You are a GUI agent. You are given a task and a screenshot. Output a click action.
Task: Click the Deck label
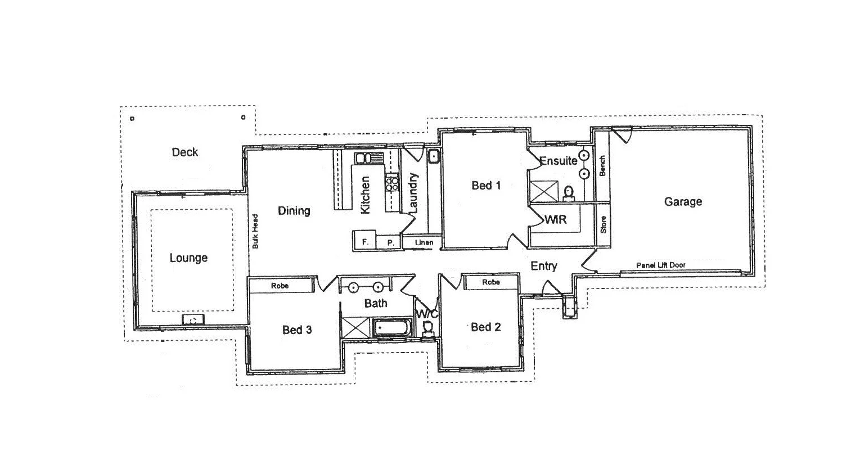pyautogui.click(x=185, y=152)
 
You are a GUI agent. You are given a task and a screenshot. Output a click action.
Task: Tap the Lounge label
pyautogui.click(x=188, y=258)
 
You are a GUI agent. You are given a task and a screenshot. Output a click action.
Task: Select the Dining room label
pyautogui.click(x=294, y=211)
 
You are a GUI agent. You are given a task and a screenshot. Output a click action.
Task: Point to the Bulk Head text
pyautogui.click(x=255, y=231)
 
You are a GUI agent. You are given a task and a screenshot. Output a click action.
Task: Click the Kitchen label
pyautogui.click(x=365, y=195)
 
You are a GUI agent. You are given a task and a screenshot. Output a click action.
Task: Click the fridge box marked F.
pyautogui.click(x=364, y=242)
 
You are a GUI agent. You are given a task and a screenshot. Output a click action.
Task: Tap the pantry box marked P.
pyautogui.click(x=390, y=243)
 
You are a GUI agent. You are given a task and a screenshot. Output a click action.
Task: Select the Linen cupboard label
pyautogui.click(x=424, y=243)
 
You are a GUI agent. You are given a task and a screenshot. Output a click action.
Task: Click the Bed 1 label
pyautogui.click(x=486, y=186)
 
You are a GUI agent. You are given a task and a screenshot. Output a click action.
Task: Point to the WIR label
pyautogui.click(x=555, y=219)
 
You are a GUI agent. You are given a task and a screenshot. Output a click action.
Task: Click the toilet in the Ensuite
pyautogui.click(x=569, y=193)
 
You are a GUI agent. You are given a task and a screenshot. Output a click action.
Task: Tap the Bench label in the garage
pyautogui.click(x=602, y=166)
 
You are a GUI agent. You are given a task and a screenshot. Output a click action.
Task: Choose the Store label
pyautogui.click(x=603, y=225)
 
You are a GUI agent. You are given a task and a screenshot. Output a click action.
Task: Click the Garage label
pyautogui.click(x=683, y=202)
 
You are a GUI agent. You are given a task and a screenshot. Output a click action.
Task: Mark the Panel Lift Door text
pyautogui.click(x=660, y=265)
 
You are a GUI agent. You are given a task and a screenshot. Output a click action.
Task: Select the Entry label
pyautogui.click(x=544, y=266)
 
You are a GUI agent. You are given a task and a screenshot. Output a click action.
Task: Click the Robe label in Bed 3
pyautogui.click(x=280, y=286)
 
